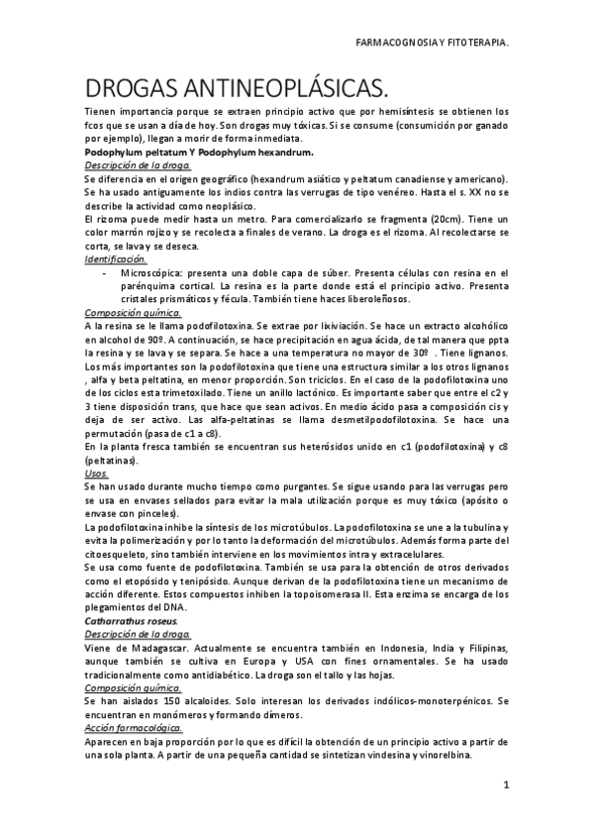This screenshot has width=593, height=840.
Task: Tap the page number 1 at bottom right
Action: pyautogui.click(x=505, y=786)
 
